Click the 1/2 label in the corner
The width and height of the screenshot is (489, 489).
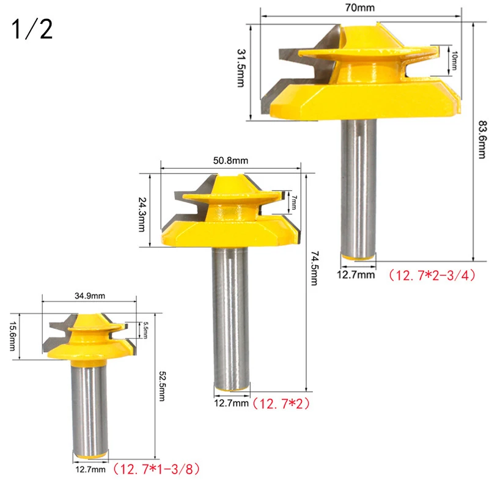tap(32, 29)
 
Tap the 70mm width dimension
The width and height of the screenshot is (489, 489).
tap(360, 7)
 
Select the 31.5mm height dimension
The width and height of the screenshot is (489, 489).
tap(241, 68)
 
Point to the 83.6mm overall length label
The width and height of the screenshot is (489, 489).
tap(482, 139)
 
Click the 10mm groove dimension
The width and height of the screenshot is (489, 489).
tap(454, 61)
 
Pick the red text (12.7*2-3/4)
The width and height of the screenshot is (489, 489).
tap(432, 274)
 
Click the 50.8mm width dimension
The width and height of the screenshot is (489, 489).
tap(231, 161)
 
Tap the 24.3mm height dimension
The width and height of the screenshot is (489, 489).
tap(142, 215)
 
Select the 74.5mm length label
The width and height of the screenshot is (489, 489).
tap(314, 268)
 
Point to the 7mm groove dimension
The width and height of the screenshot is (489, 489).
tap(295, 203)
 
